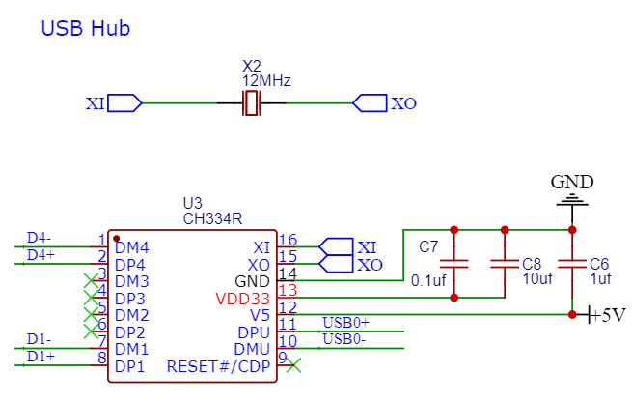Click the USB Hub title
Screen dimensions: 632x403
pos(86,28)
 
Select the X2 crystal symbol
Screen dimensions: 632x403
pos(252,103)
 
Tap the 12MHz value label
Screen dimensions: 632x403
pos(266,81)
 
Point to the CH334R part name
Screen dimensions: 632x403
pos(212,218)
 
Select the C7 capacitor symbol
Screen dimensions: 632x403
pos(454,264)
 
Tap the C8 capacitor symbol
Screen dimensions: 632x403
pos(505,264)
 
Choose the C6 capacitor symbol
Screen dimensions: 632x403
pos(572,264)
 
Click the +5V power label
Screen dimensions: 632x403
pos(607,314)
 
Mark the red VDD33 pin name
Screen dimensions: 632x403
pos(242,299)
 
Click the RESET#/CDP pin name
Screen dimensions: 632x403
pos(218,366)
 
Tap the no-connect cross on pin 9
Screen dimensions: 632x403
pos(293,365)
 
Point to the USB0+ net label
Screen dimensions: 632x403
pos(345,323)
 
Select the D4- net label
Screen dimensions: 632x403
pos(39,238)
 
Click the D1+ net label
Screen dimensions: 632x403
pos(41,357)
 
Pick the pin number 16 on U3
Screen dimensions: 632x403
pos(288,241)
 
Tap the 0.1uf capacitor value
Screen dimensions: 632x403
pos(428,280)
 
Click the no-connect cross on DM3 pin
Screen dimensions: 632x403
pos(91,280)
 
